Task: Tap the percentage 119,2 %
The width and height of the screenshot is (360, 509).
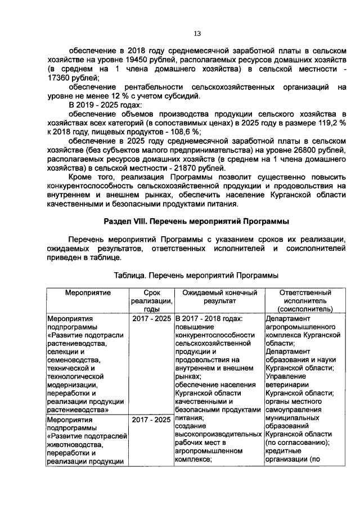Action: coord(330,123)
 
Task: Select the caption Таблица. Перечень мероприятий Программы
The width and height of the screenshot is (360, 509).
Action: coord(196,276)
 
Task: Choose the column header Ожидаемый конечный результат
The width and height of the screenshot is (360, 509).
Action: coord(219,297)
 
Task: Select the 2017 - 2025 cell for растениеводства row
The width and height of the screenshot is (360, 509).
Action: coord(151,319)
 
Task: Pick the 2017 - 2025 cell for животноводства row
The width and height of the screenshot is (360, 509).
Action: coord(151,420)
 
